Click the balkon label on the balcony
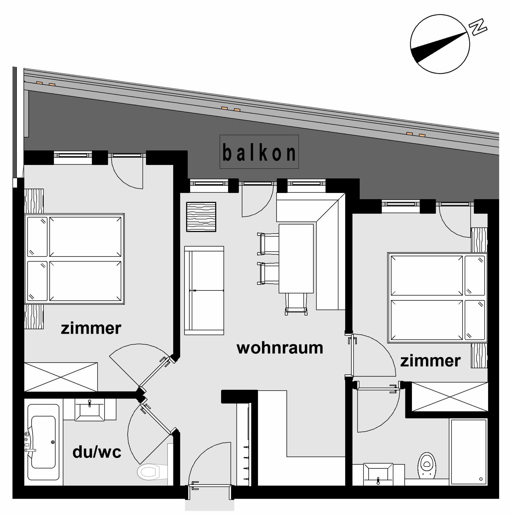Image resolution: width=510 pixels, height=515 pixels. tap(259, 153)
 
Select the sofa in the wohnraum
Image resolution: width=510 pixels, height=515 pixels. tap(204, 290)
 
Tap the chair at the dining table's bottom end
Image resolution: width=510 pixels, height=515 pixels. tap(296, 304)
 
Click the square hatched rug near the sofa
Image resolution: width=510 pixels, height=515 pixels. tap(201, 217)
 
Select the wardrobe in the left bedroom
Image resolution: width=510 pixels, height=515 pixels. tap(61, 377)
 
